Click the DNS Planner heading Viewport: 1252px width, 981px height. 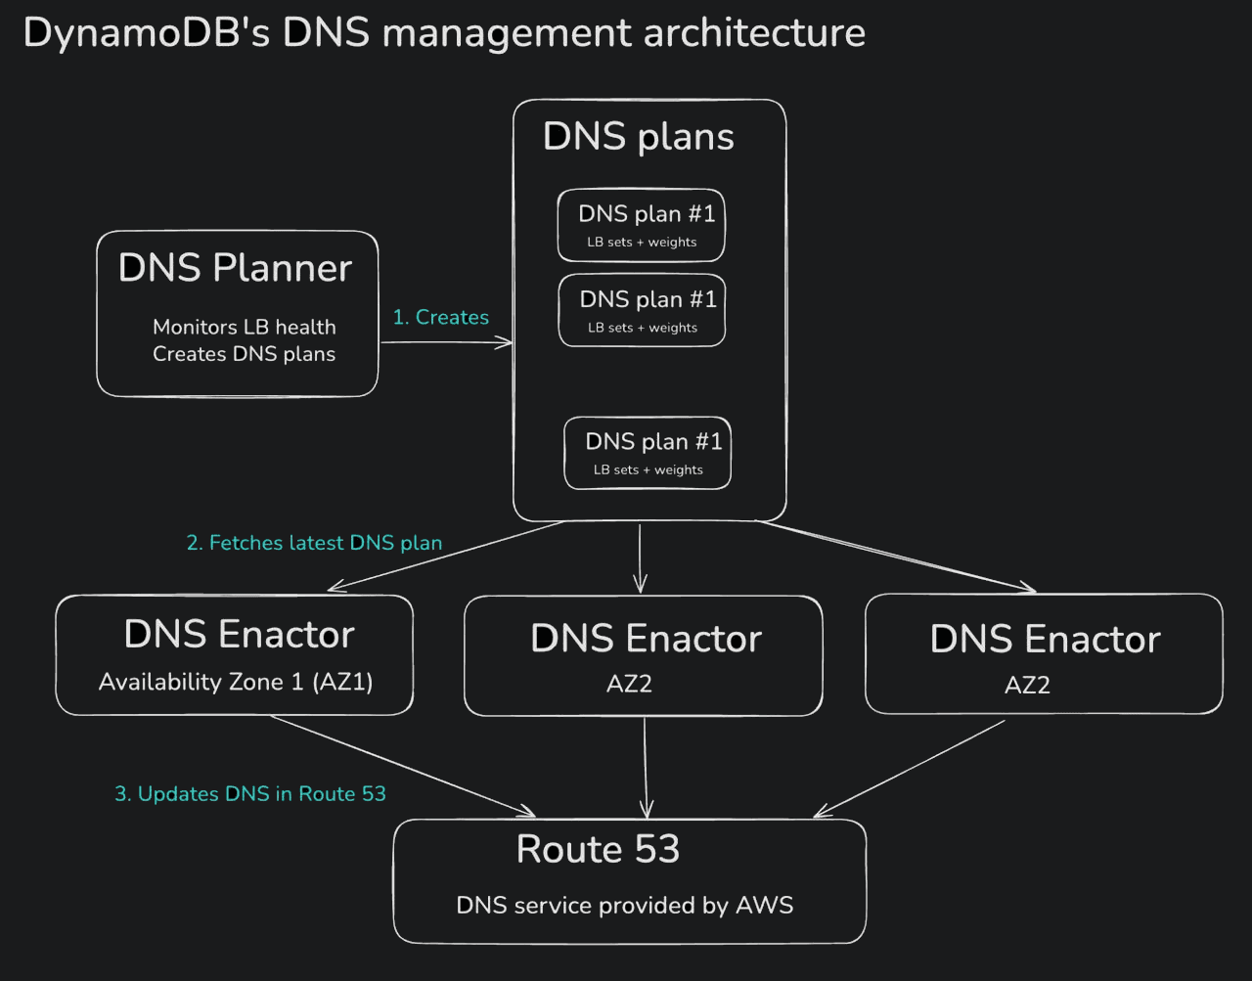tap(235, 268)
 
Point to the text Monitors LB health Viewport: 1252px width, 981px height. tap(244, 327)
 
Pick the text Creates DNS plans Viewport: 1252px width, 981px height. tap(244, 354)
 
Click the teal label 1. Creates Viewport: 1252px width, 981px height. tap(440, 317)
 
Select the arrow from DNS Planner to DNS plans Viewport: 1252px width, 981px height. tap(446, 342)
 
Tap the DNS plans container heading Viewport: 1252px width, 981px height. tap(638, 137)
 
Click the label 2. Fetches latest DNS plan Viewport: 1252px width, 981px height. tap(314, 543)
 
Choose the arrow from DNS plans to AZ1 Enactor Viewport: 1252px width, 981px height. tap(446, 556)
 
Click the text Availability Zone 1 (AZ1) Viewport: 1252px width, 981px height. tap(236, 682)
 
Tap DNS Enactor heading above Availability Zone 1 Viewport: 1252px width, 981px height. tap(239, 635)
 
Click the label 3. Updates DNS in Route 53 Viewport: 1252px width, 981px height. tap(250, 794)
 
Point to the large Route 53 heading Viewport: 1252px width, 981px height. tap(598, 849)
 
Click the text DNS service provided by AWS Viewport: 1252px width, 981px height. tap(624, 906)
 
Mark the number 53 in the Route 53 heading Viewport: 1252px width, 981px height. tap(655, 849)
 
